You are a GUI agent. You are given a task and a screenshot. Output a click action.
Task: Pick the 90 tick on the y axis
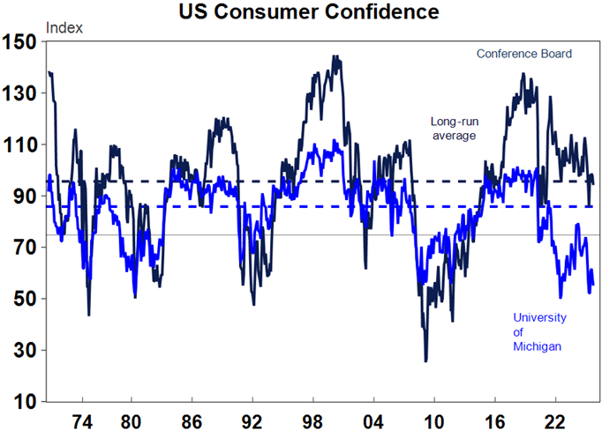[24, 196]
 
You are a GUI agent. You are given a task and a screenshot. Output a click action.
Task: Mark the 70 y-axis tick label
[24, 248]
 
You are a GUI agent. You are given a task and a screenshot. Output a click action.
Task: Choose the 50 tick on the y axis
[24, 299]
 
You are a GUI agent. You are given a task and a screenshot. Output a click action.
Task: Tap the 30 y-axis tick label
[24, 351]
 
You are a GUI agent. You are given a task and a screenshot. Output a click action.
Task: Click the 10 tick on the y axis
[24, 402]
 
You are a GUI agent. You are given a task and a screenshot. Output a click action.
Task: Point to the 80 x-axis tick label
[131, 419]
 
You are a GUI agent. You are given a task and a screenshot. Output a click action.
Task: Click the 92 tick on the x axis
[252, 419]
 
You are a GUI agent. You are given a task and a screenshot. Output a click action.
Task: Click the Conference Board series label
[524, 54]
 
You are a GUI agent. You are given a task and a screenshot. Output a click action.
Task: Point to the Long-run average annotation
[454, 129]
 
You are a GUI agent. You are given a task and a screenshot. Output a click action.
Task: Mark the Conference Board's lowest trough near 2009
[425, 360]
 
